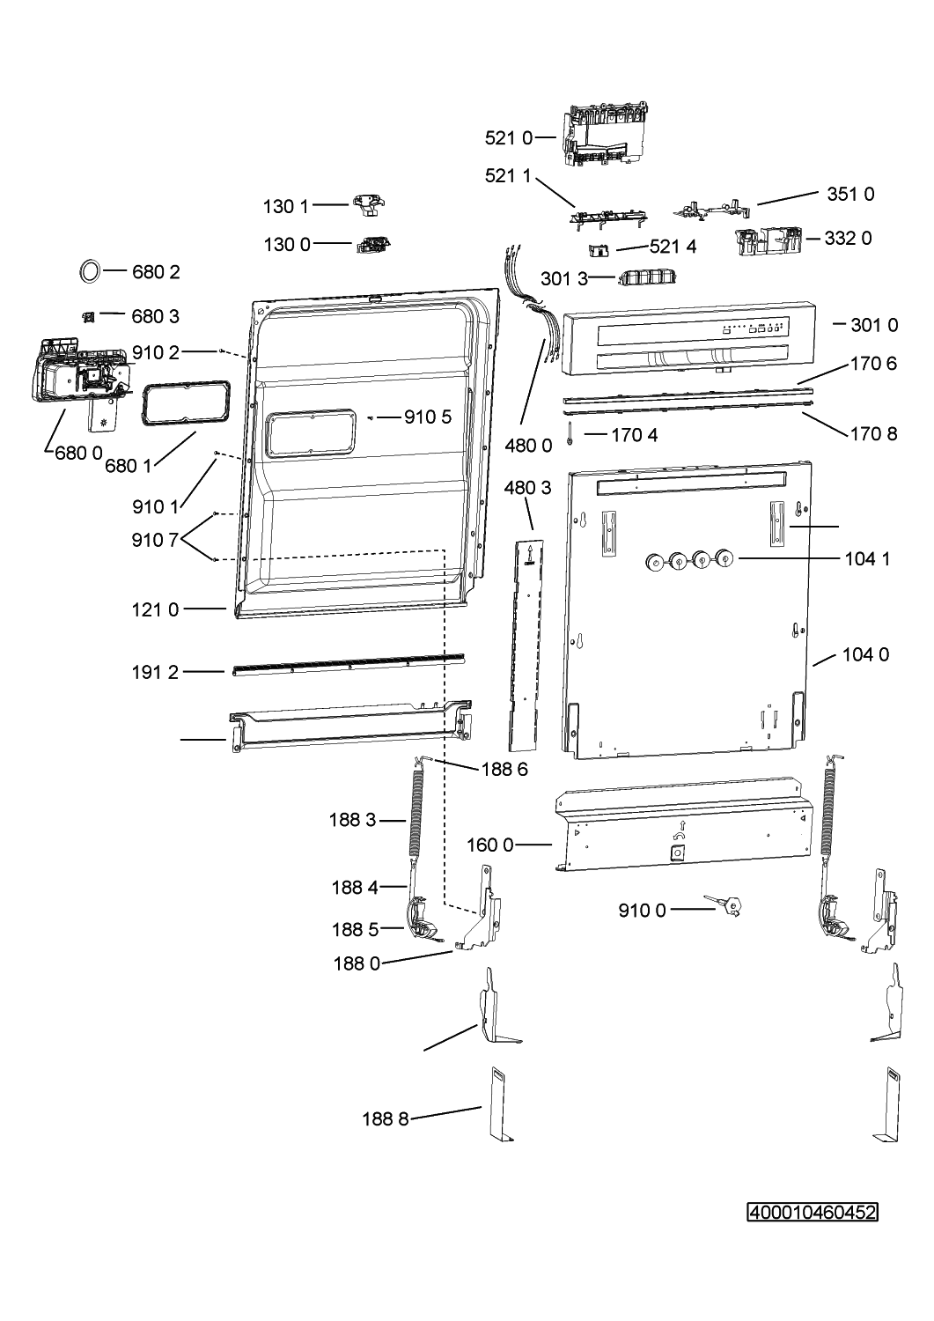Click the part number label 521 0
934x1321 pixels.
[x=509, y=137]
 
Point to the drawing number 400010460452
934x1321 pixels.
[x=812, y=1213]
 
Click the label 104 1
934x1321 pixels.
[x=866, y=558]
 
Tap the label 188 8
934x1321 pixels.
[x=385, y=1119]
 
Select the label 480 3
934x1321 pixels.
[x=528, y=487]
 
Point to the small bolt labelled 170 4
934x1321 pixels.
[x=571, y=431]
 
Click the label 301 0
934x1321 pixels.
[x=874, y=325]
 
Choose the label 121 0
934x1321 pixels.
[x=156, y=609]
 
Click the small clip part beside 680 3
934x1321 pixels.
[x=88, y=316]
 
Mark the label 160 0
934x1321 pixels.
[x=489, y=845]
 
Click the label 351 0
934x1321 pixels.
[x=850, y=195]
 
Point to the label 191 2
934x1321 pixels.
[x=156, y=672]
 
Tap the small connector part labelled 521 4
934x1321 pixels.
[x=599, y=250]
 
